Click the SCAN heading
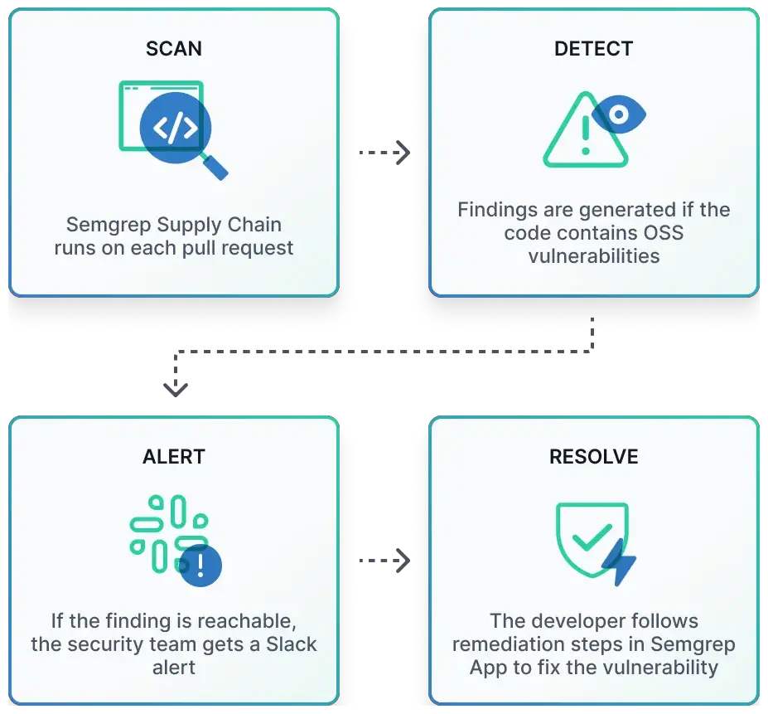point(173,48)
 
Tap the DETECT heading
point(593,48)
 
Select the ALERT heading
point(173,457)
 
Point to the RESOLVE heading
point(593,457)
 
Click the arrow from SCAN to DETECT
point(384,153)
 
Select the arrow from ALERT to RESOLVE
point(384,561)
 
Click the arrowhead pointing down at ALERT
point(175,387)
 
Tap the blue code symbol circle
point(175,128)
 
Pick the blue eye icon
point(619,114)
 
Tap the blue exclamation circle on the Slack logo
point(200,566)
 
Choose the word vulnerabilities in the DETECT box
point(593,255)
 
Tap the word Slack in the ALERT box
point(291,644)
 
